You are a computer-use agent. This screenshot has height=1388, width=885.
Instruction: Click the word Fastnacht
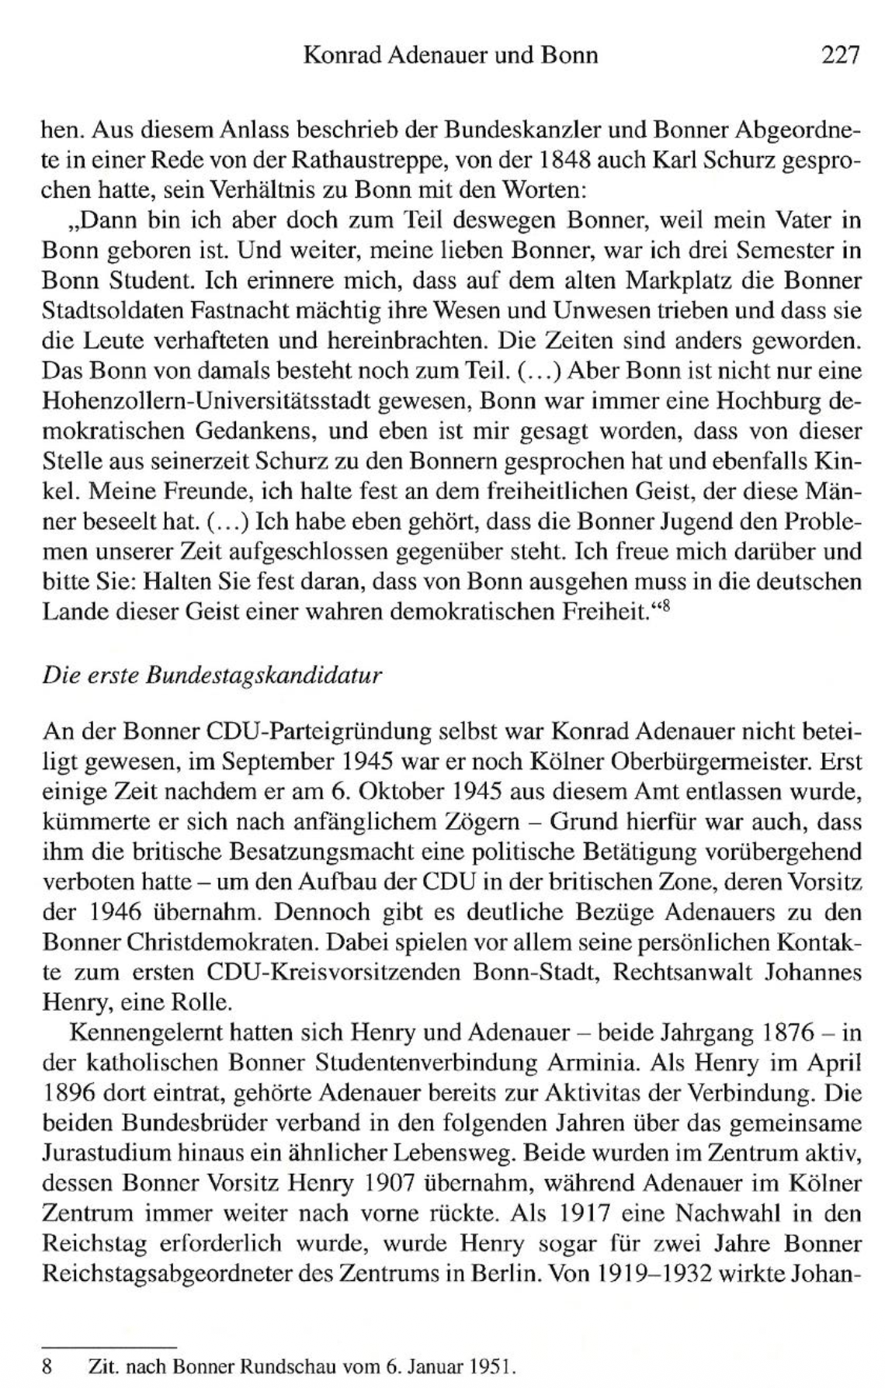[222, 311]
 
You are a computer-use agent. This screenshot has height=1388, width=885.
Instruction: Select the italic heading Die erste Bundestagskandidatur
[213, 675]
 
